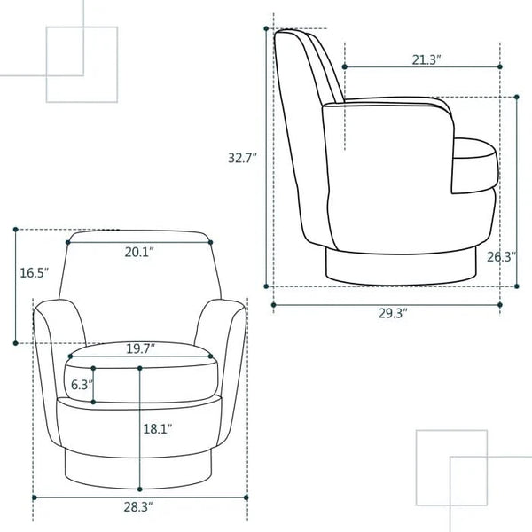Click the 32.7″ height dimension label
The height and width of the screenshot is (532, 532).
[x=242, y=158]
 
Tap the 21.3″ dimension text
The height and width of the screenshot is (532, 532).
[x=426, y=60]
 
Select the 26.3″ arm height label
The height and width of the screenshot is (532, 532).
[x=502, y=257]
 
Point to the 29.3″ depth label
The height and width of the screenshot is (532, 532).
[x=393, y=314]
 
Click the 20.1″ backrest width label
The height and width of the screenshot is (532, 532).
[x=139, y=252]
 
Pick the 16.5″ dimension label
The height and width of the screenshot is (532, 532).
[x=35, y=273]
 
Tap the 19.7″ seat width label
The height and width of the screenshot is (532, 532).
[x=140, y=348]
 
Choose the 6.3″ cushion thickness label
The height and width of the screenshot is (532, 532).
[x=82, y=385]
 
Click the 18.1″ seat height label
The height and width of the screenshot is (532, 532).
[x=158, y=429]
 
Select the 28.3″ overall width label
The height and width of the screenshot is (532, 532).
[x=137, y=507]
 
